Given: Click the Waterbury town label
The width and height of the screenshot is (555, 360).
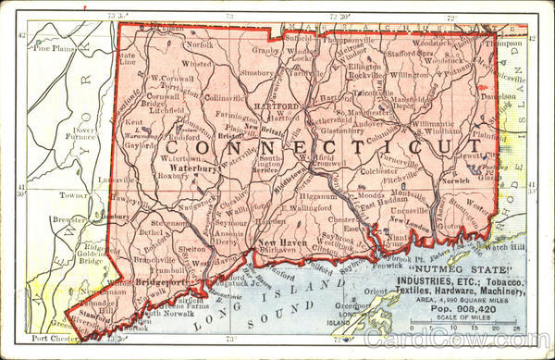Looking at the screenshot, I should [192, 169].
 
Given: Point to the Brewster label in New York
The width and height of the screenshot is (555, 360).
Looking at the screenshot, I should [69, 220].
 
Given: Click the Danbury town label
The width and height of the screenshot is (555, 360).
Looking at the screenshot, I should [117, 216].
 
